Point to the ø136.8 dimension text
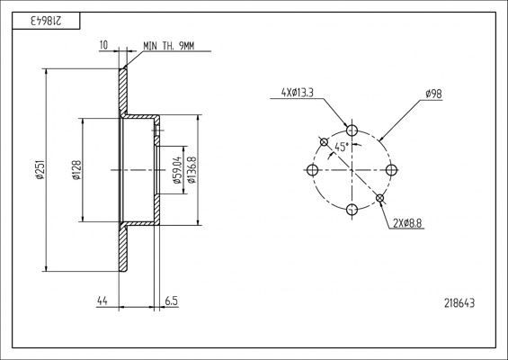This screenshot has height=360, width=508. click(x=192, y=168)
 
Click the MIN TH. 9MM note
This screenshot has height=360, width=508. click(x=168, y=46)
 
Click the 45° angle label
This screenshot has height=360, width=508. click(x=342, y=146)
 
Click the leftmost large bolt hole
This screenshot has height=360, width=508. click(x=312, y=169)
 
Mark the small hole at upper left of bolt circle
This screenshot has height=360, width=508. click(x=324, y=141)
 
